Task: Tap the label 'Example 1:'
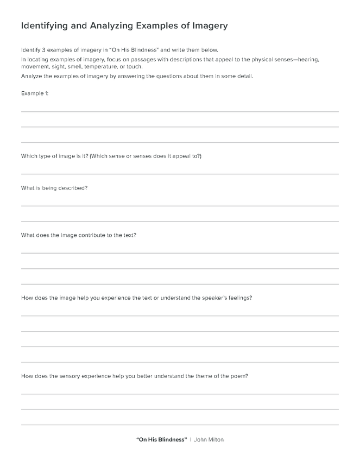tap(35, 93)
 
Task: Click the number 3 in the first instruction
tap(43, 49)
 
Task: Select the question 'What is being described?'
tap(54, 188)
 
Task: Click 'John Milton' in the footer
tap(209, 439)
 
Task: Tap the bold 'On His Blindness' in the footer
tap(161, 439)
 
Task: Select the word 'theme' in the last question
tap(212, 376)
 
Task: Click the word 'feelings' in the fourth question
tap(239, 298)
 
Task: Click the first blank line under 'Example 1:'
tap(180, 111)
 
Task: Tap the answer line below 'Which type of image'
tap(180, 174)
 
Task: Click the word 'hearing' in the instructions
tap(310, 59)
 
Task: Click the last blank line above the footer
tap(180, 425)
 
